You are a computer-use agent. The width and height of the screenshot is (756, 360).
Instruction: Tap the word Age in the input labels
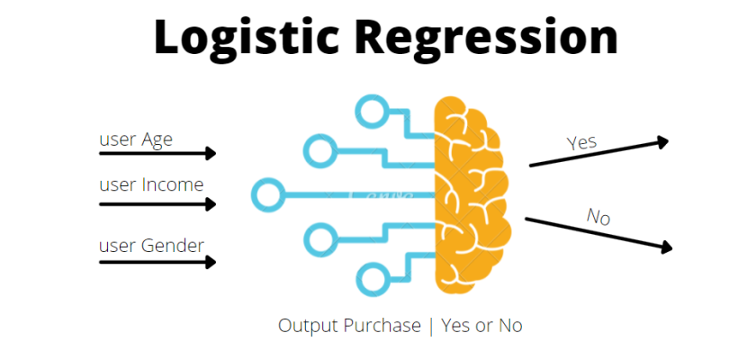point(157,139)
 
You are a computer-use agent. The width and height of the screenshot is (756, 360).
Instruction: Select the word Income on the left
point(173,185)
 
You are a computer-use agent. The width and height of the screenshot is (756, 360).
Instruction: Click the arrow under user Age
point(157,154)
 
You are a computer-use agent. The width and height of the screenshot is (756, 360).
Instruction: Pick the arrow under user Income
point(157,204)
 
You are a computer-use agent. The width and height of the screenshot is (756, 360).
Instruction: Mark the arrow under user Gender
point(157,263)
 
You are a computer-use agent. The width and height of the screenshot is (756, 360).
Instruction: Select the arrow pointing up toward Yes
point(598,153)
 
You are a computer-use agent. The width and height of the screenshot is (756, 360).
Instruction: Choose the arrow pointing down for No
point(598,232)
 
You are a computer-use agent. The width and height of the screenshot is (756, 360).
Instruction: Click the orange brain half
point(472,193)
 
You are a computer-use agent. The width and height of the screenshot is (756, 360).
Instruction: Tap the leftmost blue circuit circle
point(267,193)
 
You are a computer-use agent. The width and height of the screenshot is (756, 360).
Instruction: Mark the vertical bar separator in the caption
point(430,326)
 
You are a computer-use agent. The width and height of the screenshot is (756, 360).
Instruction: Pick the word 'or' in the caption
point(484,326)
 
